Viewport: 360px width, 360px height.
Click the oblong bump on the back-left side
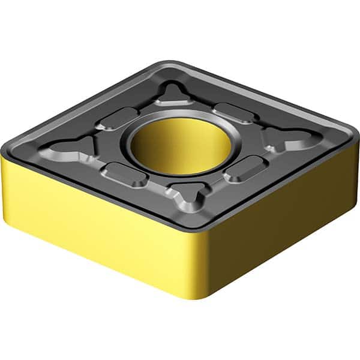(116, 117)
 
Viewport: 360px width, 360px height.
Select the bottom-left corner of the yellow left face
(12, 204)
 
